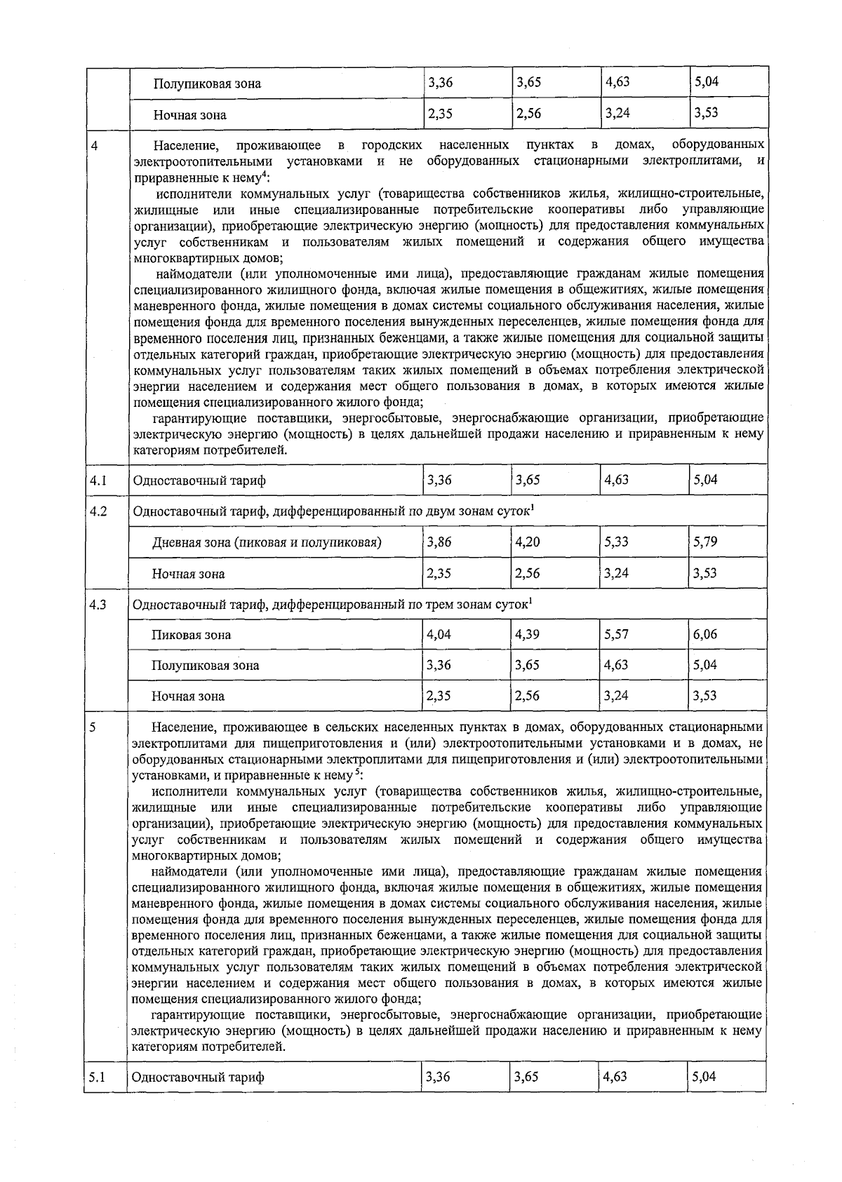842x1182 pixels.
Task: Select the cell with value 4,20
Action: (x=527, y=542)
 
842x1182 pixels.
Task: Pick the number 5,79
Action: (x=705, y=542)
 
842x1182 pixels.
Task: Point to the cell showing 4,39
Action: (x=527, y=634)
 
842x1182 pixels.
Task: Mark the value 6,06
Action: (x=705, y=634)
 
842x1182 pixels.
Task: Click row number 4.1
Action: (x=98, y=481)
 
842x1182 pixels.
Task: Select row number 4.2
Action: (x=98, y=511)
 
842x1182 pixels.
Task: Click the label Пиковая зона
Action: (x=191, y=635)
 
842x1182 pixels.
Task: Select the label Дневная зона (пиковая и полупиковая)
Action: (x=267, y=542)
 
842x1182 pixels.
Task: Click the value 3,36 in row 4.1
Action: (x=439, y=481)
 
